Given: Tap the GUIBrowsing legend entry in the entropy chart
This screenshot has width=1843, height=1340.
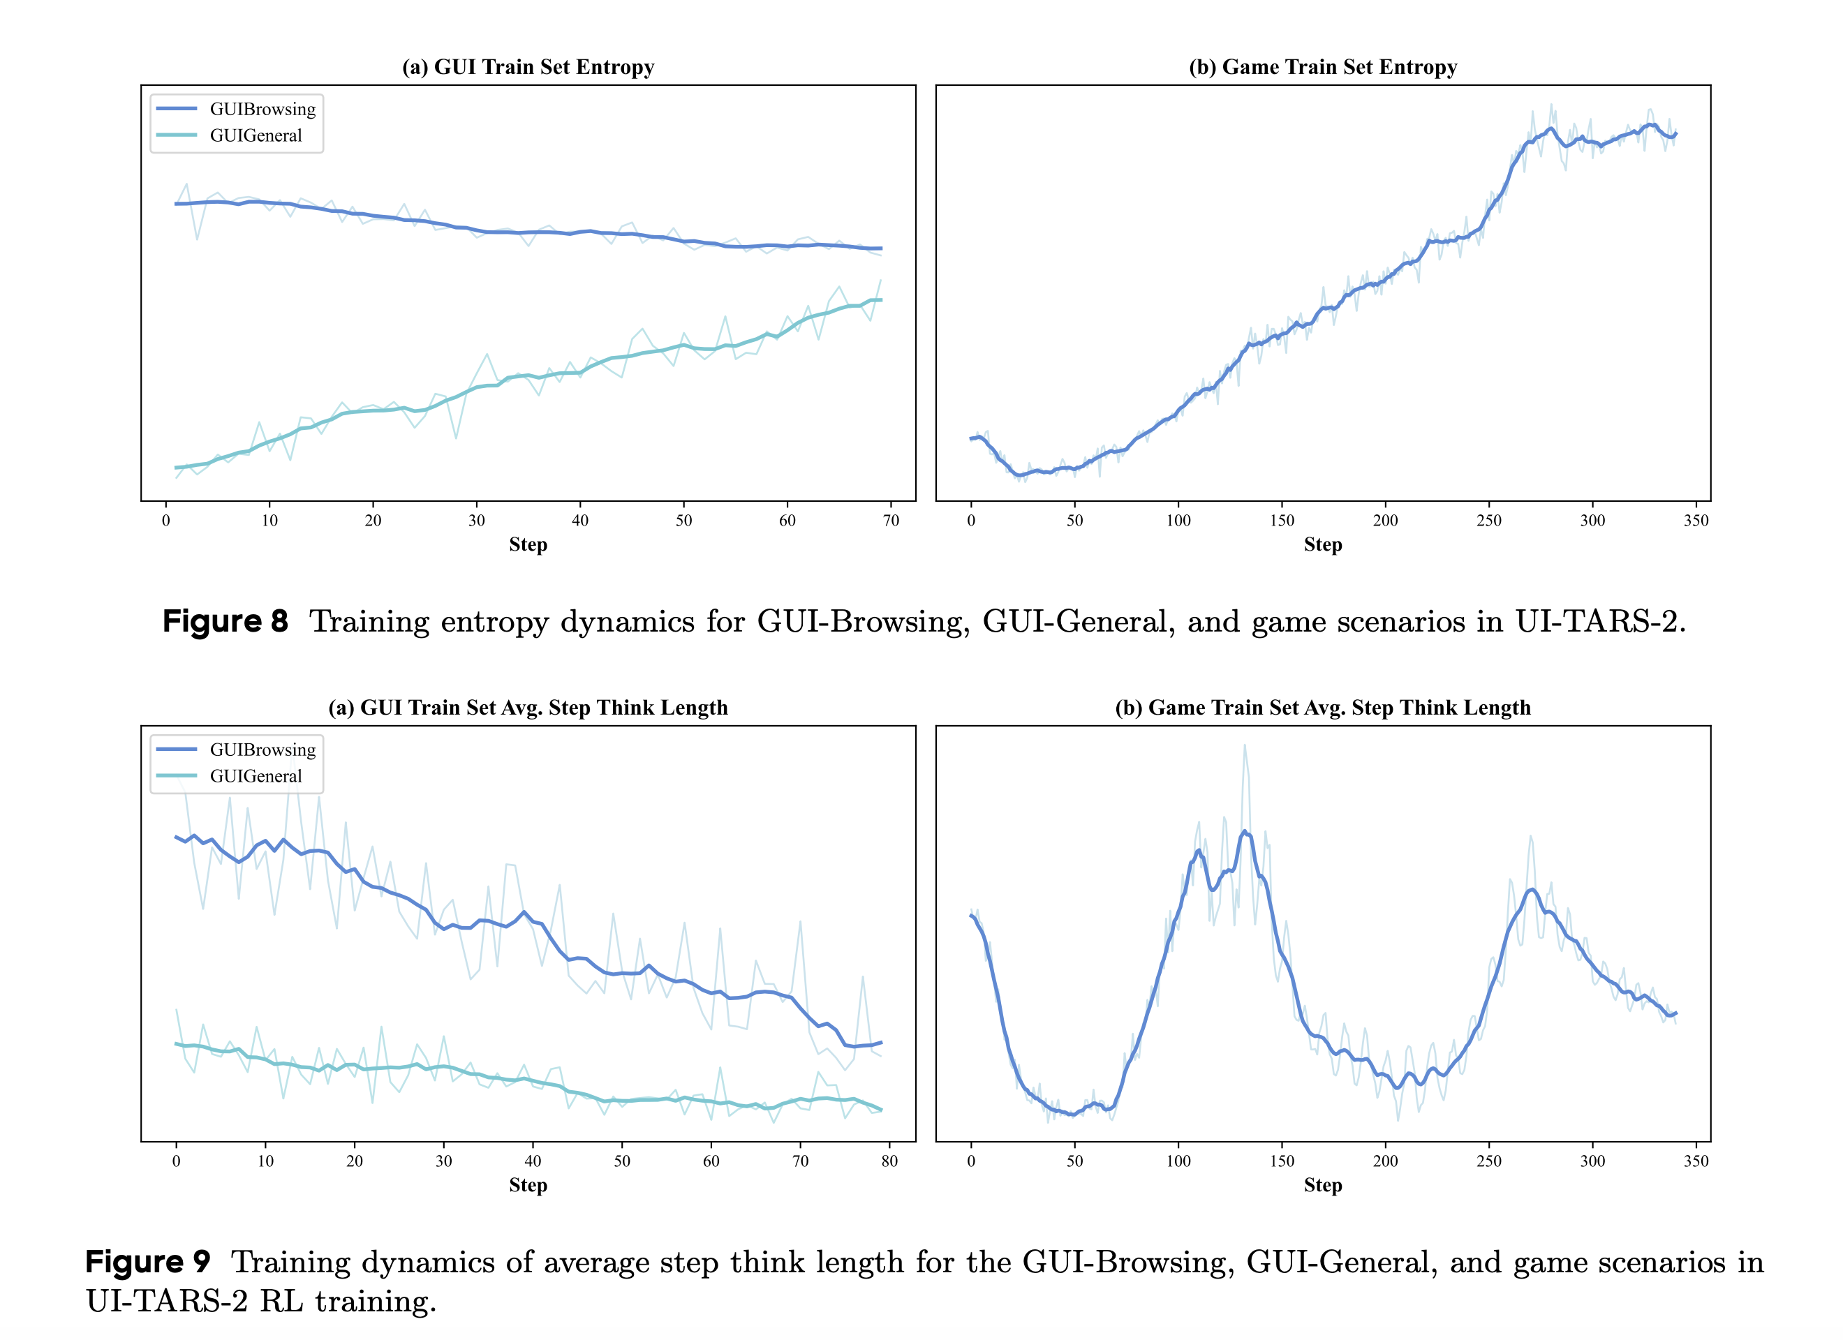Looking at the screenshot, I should pos(262,109).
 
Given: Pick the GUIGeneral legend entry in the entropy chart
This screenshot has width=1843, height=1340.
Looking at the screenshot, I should pos(256,135).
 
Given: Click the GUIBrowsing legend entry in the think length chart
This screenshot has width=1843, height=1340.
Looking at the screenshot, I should pos(262,750).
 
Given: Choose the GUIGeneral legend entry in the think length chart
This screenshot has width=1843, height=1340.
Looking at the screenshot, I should pos(256,776).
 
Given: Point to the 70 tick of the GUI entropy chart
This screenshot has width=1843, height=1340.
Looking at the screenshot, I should pos(891,521).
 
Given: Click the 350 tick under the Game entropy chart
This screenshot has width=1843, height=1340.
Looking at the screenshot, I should pos(1696,521).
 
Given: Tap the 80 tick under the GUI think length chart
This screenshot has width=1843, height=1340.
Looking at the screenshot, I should pos(889,1161).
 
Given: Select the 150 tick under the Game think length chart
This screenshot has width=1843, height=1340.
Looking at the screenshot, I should pos(1282,1161).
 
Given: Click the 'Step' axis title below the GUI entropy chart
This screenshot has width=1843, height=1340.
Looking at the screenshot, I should pos(528,544).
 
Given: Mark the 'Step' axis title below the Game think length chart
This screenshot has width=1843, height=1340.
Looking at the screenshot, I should pos(1322,1185).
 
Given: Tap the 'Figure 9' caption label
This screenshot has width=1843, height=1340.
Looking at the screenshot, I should pos(148,1262).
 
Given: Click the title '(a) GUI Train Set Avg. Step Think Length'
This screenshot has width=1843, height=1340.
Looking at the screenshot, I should pos(528,708).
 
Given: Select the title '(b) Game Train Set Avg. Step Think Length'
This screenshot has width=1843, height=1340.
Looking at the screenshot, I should pos(1322,708).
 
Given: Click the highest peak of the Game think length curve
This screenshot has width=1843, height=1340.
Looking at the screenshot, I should pos(1244,831).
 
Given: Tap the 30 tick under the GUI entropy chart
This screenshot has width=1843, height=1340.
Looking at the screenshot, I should pos(476,521).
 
